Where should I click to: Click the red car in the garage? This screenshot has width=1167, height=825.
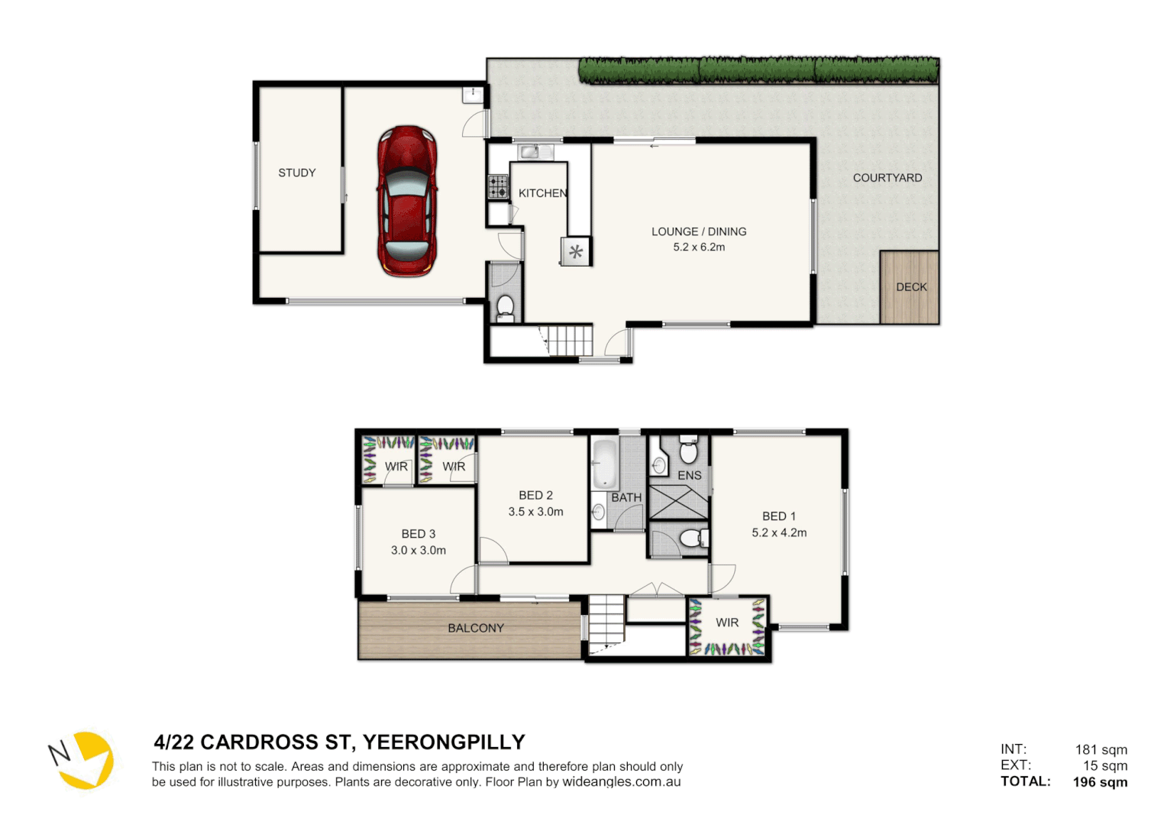[x=407, y=201]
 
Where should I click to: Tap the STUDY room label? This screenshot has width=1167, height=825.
[x=296, y=173]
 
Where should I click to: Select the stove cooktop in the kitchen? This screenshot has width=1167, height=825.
[x=498, y=186]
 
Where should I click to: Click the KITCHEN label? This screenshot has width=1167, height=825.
[x=542, y=193]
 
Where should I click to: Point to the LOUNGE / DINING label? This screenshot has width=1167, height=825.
[x=698, y=231]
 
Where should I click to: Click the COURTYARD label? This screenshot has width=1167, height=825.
[x=887, y=177]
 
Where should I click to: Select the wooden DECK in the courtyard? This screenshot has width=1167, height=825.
[x=910, y=287]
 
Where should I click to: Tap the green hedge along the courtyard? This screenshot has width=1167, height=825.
[x=758, y=70]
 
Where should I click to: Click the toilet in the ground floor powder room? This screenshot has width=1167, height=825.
[x=505, y=308]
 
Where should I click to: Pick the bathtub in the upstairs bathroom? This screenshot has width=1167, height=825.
[x=605, y=463]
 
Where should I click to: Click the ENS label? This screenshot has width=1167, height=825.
[x=689, y=475]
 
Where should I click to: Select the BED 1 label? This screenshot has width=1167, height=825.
[x=778, y=516]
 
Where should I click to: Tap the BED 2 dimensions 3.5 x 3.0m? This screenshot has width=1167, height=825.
[x=535, y=512]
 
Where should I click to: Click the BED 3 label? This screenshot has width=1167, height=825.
[x=418, y=534]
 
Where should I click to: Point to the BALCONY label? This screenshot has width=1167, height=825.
[x=475, y=628]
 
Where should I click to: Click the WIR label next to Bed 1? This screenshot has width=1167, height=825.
[x=726, y=623]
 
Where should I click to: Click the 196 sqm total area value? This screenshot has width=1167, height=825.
[x=1099, y=781]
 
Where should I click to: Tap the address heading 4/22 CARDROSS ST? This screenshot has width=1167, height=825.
[x=339, y=742]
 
